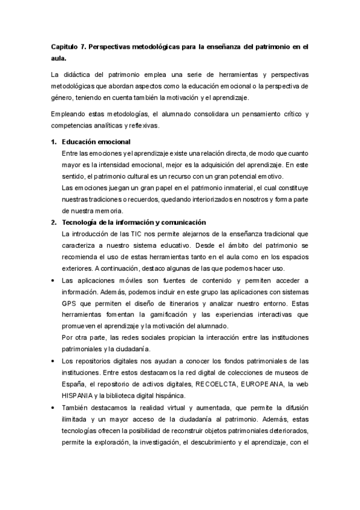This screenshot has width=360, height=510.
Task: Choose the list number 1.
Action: pyautogui.click(x=52, y=143)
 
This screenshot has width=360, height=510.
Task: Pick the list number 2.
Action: pyautogui.click(x=52, y=222)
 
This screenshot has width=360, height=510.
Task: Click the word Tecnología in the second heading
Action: pyautogui.click(x=83, y=222)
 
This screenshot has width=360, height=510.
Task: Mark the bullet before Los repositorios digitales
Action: pyautogui.click(x=53, y=361)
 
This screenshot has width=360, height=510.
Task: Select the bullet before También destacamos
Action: pyautogui.click(x=53, y=407)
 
